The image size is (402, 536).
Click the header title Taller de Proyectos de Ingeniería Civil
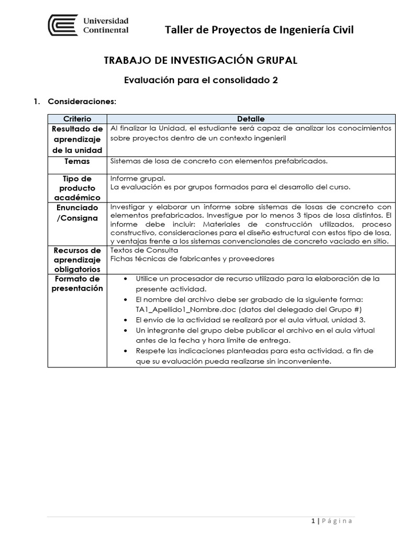pos(259,30)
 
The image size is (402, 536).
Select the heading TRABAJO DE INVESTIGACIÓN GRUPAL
pos(201,61)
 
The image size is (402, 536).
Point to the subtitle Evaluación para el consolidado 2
pos(201,81)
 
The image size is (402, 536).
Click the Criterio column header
pos(77,119)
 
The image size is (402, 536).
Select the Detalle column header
pos(251,119)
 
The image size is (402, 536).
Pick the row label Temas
pos(77,161)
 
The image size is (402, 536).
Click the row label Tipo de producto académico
pos(77,188)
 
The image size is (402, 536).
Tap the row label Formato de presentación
pos(77,283)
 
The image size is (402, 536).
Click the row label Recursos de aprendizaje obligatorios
pos(77,259)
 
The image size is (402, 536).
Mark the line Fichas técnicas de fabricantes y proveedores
pos(192,259)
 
